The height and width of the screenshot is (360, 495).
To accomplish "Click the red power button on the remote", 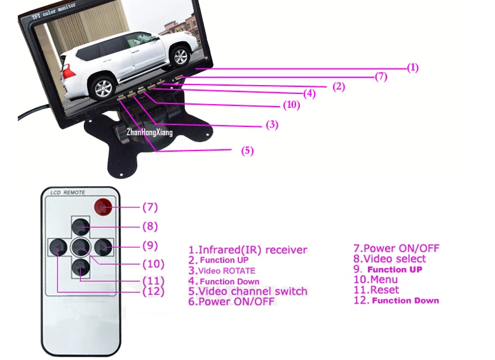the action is pos(102,207).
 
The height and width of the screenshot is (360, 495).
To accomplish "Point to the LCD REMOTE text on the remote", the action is pos(68,192).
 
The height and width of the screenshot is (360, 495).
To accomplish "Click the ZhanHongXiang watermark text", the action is pos(149,132).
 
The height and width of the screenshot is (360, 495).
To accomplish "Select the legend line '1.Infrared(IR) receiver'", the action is pos(248,250).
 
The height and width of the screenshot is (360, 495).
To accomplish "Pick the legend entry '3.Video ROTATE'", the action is pos(222,270).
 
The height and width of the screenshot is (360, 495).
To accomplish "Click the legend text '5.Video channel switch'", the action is pos(248,291).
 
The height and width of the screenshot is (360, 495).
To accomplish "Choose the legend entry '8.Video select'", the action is pos(389,258).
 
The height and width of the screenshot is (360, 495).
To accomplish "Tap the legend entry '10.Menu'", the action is pos(375,279).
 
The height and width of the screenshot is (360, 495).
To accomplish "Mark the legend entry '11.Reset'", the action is pos(376,290).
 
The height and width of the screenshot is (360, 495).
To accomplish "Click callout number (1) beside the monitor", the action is pos(413,67).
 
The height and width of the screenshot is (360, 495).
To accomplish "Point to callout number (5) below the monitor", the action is pos(247,150).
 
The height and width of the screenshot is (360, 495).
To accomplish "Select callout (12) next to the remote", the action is pos(153,291).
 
